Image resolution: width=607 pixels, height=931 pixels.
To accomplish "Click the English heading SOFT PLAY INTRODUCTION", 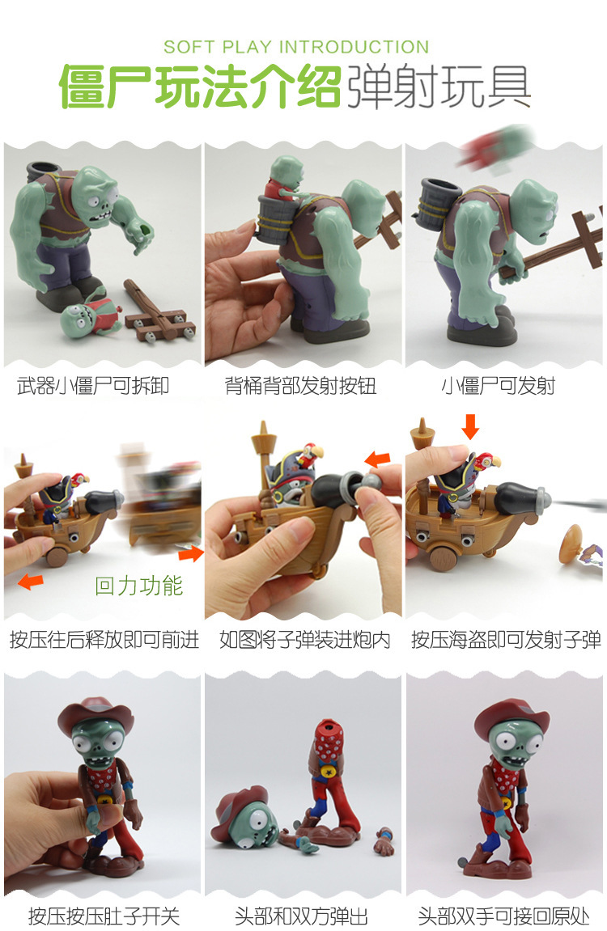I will point(296,47).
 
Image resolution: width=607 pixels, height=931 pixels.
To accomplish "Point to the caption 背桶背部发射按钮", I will point(301,386).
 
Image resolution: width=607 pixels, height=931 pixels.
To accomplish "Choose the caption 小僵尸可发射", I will point(498,386).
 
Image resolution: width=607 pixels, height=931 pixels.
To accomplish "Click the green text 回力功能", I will point(139,585).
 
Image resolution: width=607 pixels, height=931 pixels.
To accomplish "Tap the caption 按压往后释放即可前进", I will point(104,641).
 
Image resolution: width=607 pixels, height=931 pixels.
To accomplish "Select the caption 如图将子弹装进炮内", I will point(304,641).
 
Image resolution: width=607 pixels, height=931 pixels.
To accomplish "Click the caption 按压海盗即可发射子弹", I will point(506,641).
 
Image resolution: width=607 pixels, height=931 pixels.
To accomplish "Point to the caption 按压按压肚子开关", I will point(104,916).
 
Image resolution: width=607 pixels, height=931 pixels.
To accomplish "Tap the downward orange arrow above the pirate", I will point(469,426).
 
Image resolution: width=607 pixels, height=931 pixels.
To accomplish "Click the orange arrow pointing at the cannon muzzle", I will point(376,460).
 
